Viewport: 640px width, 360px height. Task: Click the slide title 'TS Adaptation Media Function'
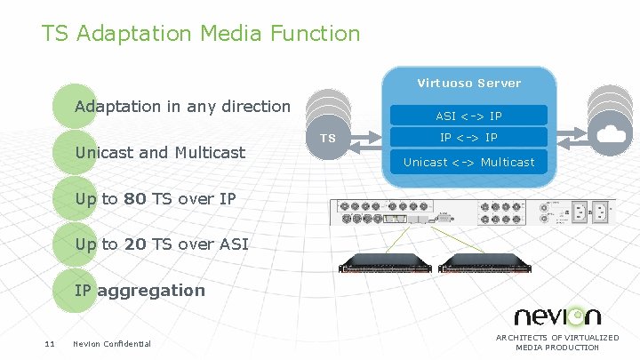coord(201,35)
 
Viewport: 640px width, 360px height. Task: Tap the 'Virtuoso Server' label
coord(469,83)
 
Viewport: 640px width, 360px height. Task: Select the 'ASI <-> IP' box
coord(469,116)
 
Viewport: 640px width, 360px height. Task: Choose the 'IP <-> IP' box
coord(469,138)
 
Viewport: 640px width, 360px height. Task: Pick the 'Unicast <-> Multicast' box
coord(469,162)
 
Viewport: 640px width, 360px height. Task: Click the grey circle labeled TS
coord(328,139)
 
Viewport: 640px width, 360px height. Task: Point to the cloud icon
coord(612,134)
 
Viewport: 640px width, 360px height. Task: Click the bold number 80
coord(135,199)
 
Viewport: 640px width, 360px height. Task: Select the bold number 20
coord(135,244)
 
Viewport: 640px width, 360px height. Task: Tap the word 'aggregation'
coord(151,290)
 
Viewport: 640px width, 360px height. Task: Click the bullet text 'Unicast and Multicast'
coord(160,152)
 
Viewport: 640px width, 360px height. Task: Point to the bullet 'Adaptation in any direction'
coord(182,107)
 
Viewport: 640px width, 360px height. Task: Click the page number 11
coord(51,344)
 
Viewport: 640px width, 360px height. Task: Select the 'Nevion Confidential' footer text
coord(112,344)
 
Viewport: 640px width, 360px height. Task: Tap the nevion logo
coord(557,316)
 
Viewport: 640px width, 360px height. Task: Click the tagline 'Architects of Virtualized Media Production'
coord(557,342)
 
